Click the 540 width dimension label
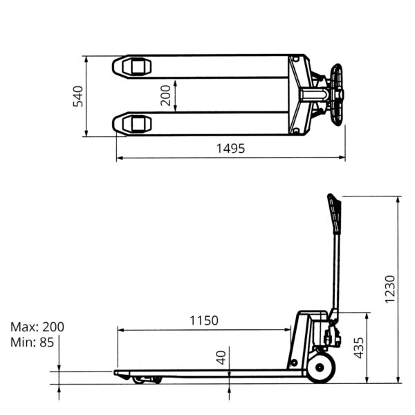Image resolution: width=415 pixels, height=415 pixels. (x=77, y=96)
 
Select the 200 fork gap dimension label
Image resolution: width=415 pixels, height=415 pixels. (x=166, y=95)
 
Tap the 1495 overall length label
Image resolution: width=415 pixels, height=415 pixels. (x=230, y=149)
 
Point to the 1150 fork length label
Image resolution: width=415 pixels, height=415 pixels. (x=204, y=320)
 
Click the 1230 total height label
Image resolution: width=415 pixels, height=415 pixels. (x=390, y=289)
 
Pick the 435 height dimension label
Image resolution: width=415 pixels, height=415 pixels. (x=359, y=348)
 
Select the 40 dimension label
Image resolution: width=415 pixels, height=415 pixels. (x=221, y=358)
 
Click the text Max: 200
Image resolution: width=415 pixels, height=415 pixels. (x=37, y=327)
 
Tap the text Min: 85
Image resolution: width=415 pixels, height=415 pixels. (x=32, y=342)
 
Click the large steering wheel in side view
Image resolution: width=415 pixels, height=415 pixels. (x=321, y=367)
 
